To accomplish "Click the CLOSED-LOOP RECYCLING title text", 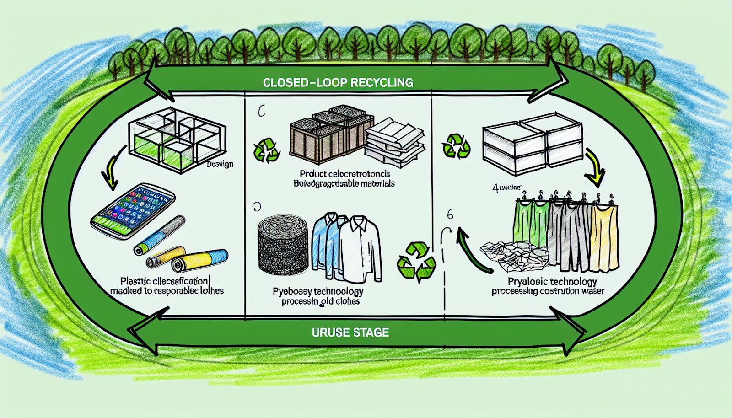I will (338, 83).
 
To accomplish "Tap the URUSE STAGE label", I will (350, 332).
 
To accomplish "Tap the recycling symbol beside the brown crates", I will (266, 150).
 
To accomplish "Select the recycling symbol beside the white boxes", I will (456, 146).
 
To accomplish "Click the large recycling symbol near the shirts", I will (415, 261).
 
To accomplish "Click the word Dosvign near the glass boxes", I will (220, 164).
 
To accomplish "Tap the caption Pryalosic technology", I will (552, 281).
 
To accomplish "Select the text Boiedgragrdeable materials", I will (344, 184).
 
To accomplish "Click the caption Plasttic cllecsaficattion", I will (164, 281).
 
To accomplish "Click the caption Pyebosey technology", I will (318, 291).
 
